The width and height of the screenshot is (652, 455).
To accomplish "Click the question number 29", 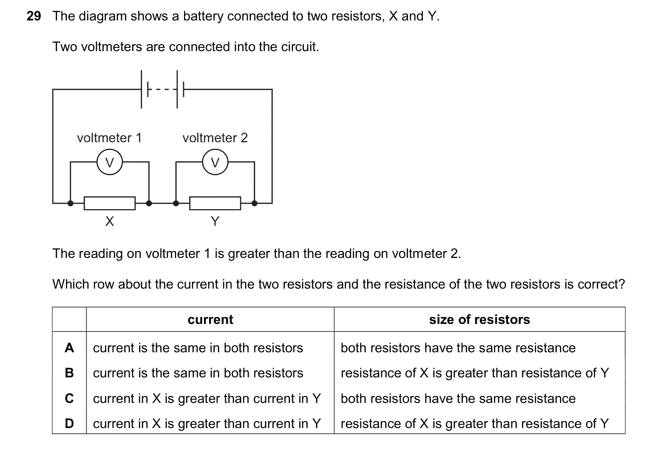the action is click(33, 16).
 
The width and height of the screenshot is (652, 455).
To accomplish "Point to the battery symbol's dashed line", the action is click(162, 89).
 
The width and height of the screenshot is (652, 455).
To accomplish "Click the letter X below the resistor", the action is click(110, 222).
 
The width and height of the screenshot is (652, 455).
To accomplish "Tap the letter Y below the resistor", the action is click(215, 222).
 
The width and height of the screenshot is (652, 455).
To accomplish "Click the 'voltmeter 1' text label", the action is click(109, 138).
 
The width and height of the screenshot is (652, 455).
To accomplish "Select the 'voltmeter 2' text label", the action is click(215, 138).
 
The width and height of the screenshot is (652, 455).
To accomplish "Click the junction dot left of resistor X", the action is click(71, 203).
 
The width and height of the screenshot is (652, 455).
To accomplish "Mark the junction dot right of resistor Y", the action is click(254, 203).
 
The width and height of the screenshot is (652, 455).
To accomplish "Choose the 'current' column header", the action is click(211, 320).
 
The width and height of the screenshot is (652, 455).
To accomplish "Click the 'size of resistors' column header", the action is click(480, 320).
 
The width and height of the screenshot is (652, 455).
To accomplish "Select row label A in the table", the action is click(69, 348).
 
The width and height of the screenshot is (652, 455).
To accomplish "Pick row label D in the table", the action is click(69, 423).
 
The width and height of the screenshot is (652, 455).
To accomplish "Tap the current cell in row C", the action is click(207, 398).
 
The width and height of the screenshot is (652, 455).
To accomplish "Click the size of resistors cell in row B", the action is click(475, 373).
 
